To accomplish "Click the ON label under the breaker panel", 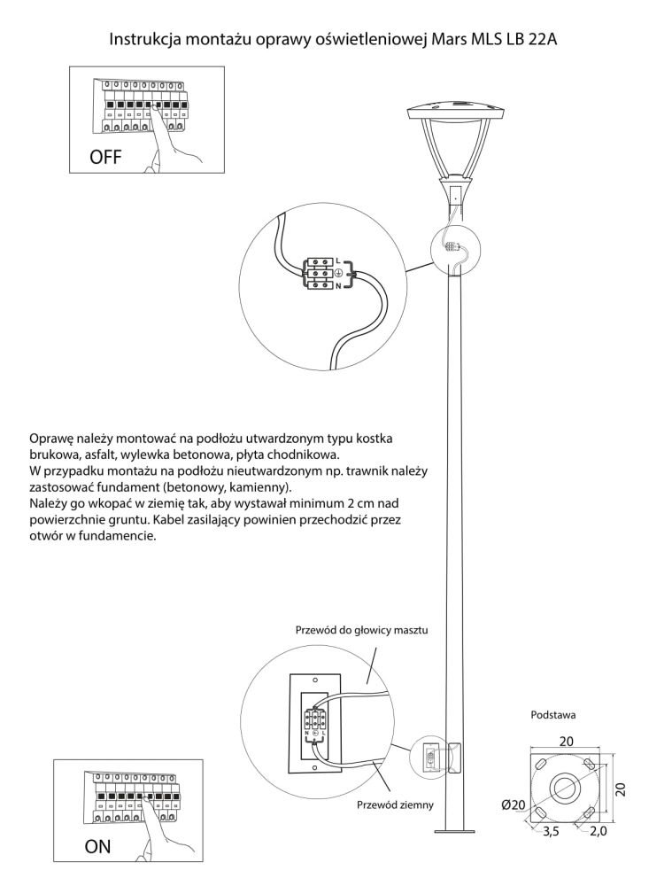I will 98,846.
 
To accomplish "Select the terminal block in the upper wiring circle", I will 319,275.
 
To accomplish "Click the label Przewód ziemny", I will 394,804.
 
